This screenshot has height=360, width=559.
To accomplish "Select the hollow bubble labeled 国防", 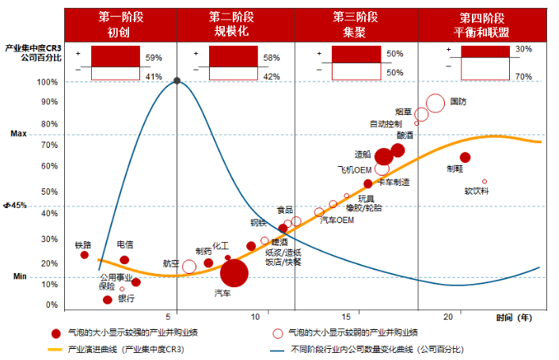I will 435,103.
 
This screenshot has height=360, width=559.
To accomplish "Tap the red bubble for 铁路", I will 85,255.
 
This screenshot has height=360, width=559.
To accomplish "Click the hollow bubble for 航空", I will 189,267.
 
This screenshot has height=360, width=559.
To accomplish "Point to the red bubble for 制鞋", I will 465,157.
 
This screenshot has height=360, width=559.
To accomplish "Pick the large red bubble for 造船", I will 384,157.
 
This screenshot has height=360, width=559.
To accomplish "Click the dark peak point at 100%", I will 177,81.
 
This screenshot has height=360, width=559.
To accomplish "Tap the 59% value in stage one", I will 154,58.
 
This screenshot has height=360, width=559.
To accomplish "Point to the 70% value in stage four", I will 523,77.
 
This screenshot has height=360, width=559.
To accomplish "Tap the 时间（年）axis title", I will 515,317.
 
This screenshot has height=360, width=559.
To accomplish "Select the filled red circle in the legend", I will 55,333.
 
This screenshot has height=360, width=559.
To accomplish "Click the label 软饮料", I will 477,191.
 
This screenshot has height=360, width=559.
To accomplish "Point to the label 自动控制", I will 386,123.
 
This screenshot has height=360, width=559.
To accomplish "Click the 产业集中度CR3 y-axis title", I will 33,53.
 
